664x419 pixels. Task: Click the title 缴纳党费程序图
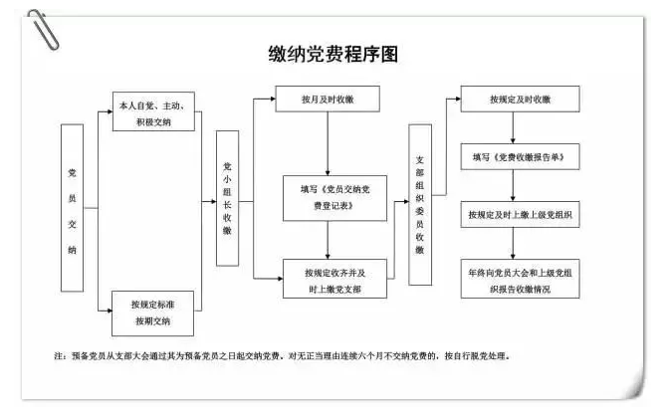tap(333, 54)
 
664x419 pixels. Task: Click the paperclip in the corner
tap(43, 30)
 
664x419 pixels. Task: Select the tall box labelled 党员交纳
tap(72, 208)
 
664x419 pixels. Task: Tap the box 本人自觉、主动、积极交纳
tap(153, 111)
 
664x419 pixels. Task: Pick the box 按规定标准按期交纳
tap(152, 314)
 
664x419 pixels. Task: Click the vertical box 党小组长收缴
tap(227, 198)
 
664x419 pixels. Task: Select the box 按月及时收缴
tap(328, 100)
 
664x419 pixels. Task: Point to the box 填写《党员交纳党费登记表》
tap(334, 198)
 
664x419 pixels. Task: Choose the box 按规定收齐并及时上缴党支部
tap(334, 279)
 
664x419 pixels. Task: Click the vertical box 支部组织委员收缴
tap(420, 204)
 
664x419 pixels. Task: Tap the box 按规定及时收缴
tap(520, 100)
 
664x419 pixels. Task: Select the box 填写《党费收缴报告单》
tap(520, 157)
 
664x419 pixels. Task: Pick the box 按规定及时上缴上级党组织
tap(520, 215)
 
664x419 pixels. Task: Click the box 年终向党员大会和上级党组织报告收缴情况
tap(520, 279)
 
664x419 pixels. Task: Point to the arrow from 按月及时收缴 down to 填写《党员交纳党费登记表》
tap(328, 144)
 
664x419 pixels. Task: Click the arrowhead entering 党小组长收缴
tap(213, 201)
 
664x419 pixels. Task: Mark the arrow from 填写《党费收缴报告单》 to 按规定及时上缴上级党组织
tap(513, 186)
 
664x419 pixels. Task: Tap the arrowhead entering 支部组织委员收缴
tap(406, 201)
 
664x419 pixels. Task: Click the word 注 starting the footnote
tap(59, 356)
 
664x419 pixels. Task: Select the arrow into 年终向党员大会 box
tap(513, 244)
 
